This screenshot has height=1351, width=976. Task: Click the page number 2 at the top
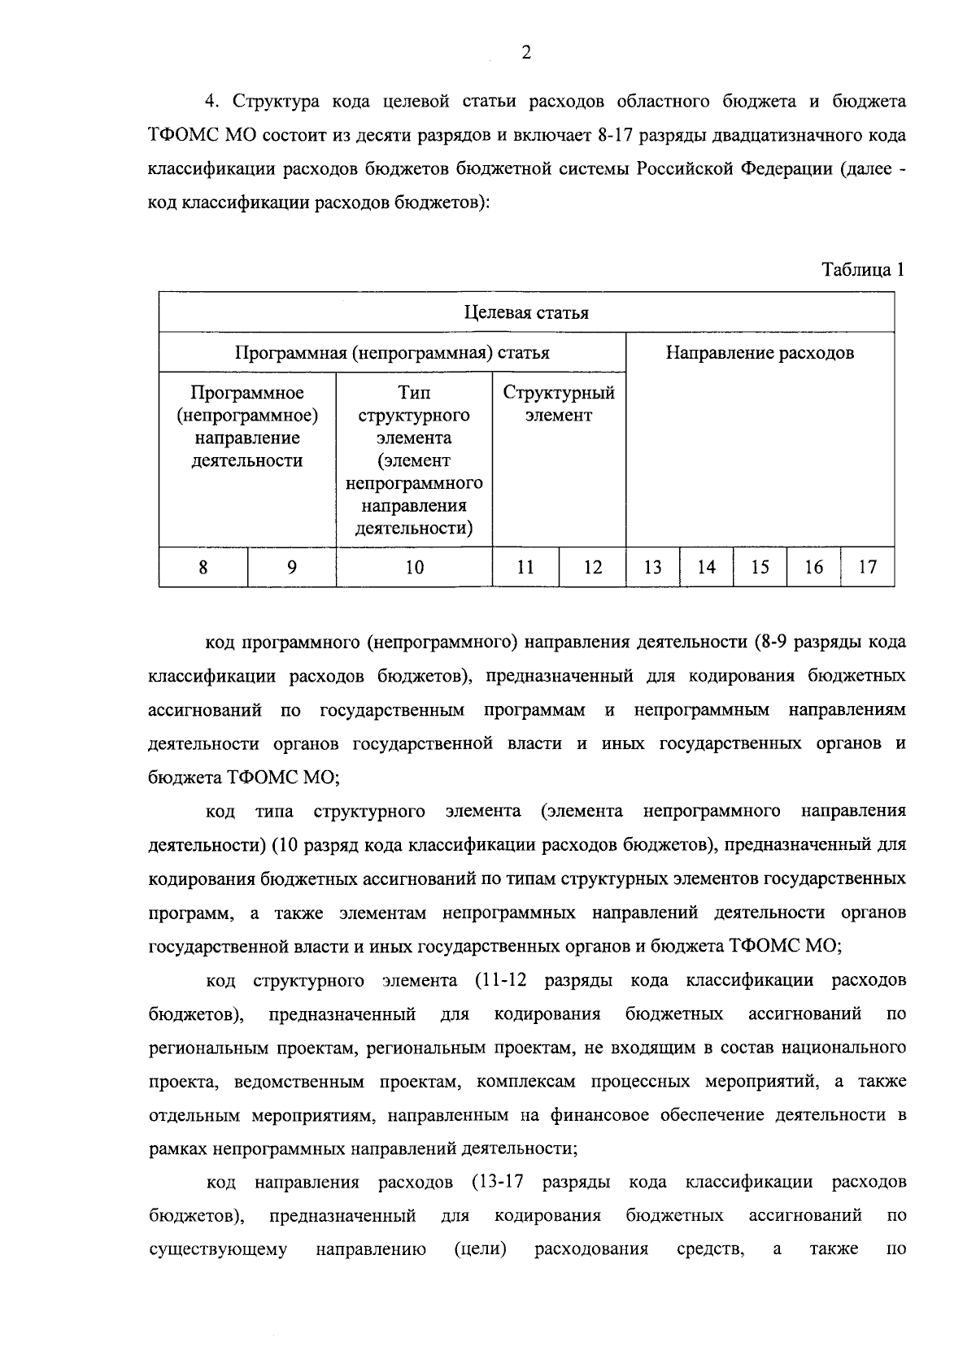coord(526,54)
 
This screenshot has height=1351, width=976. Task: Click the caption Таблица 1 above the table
coord(863,270)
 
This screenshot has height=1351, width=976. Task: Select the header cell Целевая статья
coord(526,313)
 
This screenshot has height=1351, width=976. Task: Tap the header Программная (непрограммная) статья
coord(392,353)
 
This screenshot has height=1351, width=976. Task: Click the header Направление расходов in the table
coord(760,353)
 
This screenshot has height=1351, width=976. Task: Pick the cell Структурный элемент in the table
coord(559,404)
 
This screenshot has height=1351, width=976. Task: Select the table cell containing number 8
coord(203,567)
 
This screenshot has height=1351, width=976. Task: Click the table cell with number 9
coord(291,567)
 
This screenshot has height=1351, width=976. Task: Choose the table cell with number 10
coord(414,567)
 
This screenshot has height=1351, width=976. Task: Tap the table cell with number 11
coord(525,567)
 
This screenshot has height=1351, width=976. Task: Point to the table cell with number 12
coord(593,567)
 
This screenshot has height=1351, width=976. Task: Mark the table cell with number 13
coord(652,567)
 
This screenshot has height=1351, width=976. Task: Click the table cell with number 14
coord(706,567)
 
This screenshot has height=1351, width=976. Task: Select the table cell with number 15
coord(760,567)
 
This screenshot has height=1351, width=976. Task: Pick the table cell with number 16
coord(813,567)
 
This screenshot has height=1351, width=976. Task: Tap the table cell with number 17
coord(868,567)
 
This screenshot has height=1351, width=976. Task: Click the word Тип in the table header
coord(414,394)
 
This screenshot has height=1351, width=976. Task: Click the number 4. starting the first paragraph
coord(212,102)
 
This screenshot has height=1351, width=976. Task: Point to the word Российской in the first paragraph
coord(677,169)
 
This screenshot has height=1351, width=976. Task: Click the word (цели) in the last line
coord(480,1249)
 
